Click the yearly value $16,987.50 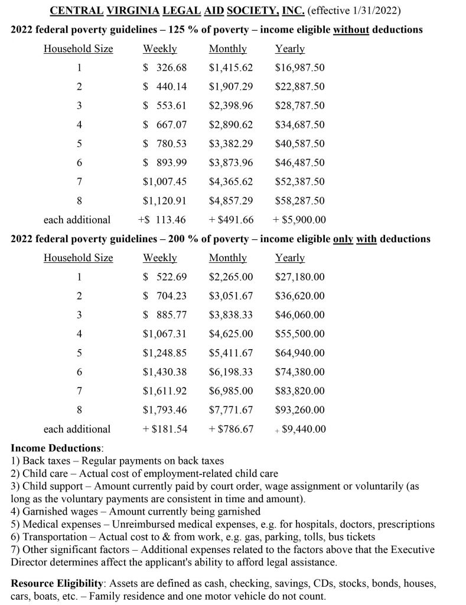point(299,68)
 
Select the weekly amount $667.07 point(165,125)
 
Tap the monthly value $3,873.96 point(231,162)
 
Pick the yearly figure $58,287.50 point(299,201)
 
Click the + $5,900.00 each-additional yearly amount point(299,220)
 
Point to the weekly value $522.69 point(165,277)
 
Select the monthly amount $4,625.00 point(231,334)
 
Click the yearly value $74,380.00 point(299,372)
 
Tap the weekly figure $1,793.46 point(165,410)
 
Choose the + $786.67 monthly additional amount point(231,429)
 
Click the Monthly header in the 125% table point(227,49)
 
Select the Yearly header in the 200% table point(290,258)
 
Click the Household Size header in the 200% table point(78,258)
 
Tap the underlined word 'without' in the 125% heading point(351,30)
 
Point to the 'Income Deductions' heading point(57,448)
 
